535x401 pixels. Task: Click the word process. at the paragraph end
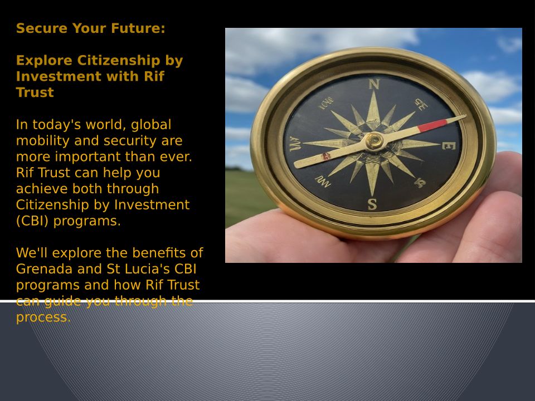(43, 317)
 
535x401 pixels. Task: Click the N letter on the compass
(374, 84)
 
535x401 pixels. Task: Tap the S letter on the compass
(372, 204)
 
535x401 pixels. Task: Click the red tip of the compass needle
(432, 125)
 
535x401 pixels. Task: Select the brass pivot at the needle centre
(374, 140)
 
